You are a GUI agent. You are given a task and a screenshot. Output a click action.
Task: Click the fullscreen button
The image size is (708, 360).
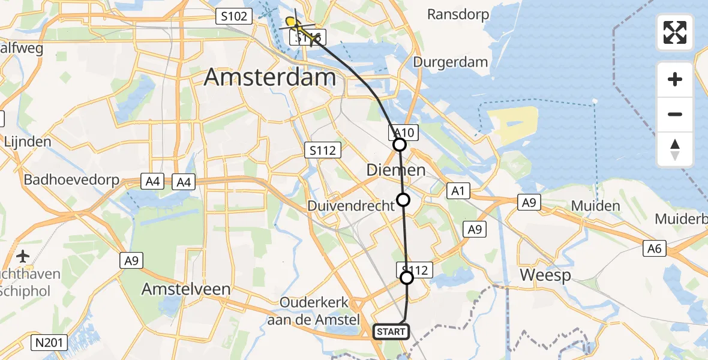(675, 32)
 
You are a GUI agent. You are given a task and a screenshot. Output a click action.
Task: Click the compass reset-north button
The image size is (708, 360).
(675, 149)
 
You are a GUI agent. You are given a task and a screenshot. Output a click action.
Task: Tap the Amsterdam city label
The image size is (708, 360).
(270, 78)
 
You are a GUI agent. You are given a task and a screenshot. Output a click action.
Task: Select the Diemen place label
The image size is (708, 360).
(396, 170)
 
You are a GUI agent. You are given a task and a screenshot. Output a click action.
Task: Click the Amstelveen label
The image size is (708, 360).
(186, 289)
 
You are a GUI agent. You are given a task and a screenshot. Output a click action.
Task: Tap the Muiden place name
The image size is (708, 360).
(595, 206)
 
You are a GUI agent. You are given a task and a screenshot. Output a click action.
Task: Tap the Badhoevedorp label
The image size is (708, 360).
(71, 180)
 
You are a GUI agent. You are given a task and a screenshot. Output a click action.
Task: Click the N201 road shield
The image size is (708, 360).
(50, 343)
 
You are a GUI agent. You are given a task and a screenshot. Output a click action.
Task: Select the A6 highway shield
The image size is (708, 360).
(655, 249)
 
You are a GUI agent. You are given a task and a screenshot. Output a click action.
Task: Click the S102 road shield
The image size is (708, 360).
(233, 16)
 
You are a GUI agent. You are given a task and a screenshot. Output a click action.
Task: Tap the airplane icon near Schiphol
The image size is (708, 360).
(23, 257)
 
